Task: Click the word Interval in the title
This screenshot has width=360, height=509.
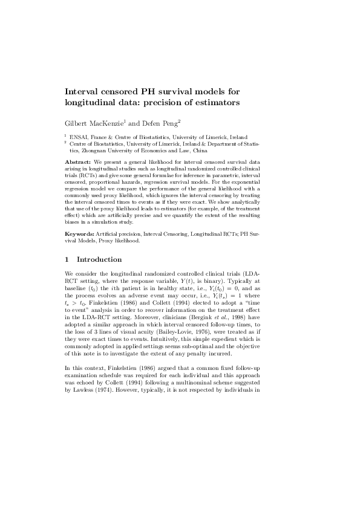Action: pyautogui.click(x=82, y=91)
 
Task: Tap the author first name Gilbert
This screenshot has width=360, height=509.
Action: pyautogui.click(x=80, y=123)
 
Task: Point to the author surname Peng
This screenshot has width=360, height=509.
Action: pyautogui.click(x=167, y=123)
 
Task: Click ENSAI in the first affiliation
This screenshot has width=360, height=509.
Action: pyautogui.click(x=79, y=138)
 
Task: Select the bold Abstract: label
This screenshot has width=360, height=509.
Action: pyautogui.click(x=78, y=163)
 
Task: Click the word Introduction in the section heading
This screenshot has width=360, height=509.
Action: pyautogui.click(x=99, y=260)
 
